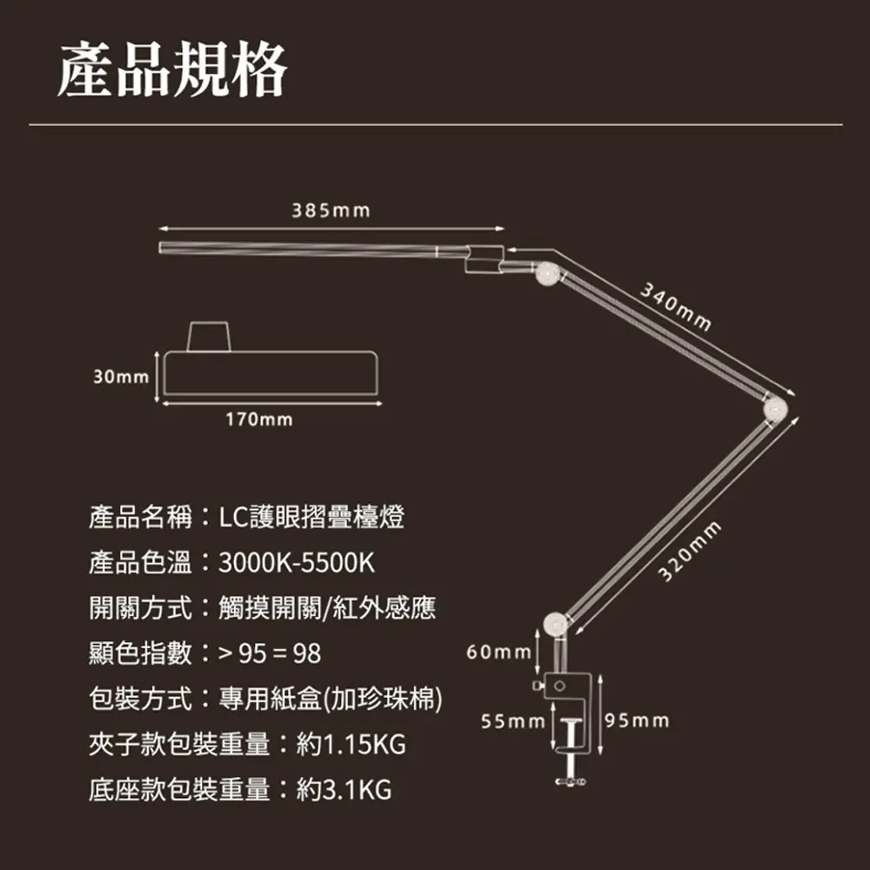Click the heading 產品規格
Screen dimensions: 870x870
tap(171, 70)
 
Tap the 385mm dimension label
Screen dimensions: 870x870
tap(331, 211)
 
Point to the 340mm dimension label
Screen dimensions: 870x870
tap(676, 307)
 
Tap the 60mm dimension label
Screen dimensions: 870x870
tap(499, 652)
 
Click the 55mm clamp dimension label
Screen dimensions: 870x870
tap(512, 721)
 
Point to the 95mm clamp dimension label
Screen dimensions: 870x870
tap(637, 721)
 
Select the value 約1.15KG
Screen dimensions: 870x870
tap(351, 745)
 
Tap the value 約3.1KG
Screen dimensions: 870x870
tap(345, 790)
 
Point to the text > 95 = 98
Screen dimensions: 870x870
tap(270, 653)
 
